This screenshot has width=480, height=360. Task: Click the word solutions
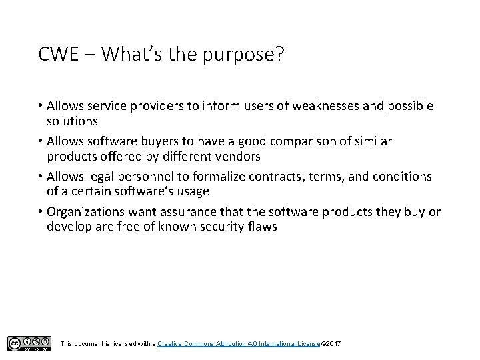pyautogui.click(x=73, y=121)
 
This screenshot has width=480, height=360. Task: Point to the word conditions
pyautogui.click(x=399, y=177)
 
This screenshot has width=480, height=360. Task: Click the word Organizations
pyautogui.click(x=89, y=213)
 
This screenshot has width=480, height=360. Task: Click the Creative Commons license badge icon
pyautogui.click(x=29, y=343)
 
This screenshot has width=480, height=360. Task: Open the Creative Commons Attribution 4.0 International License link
pyautogui.click(x=239, y=343)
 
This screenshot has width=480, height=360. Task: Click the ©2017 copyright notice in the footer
pyautogui.click(x=331, y=343)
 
